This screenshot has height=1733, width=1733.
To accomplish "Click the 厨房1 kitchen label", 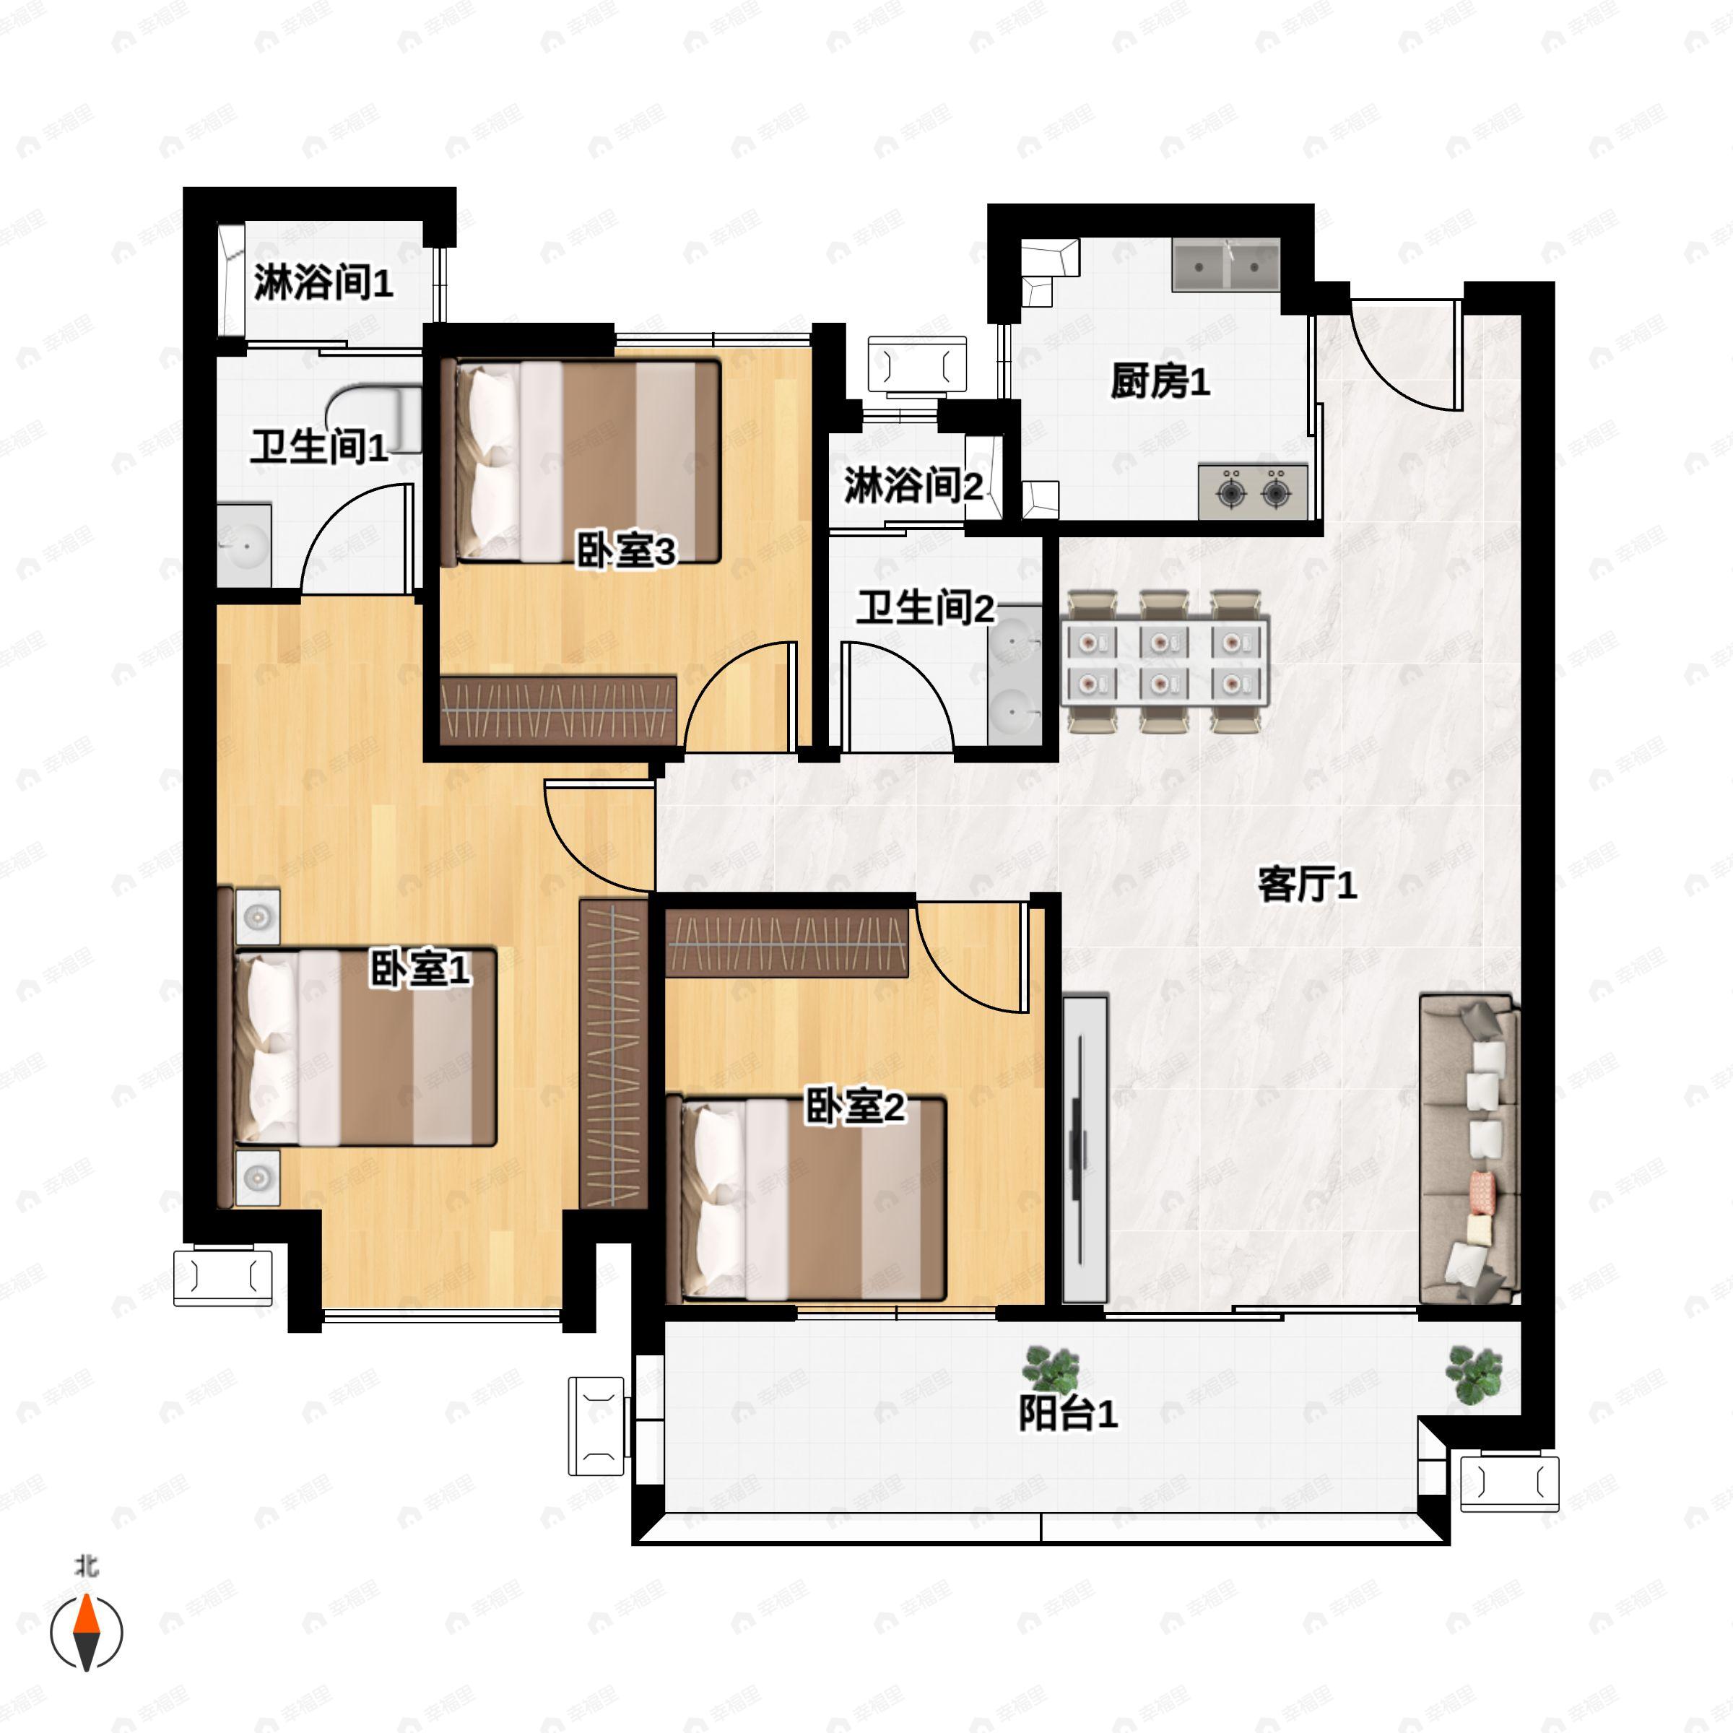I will [x=1159, y=381].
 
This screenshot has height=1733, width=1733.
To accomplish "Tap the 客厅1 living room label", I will [x=1306, y=885].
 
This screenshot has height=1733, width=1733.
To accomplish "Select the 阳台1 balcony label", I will [x=1067, y=1414].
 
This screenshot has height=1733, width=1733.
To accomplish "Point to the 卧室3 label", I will [x=625, y=551].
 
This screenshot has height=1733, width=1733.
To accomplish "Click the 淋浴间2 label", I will [x=912, y=485].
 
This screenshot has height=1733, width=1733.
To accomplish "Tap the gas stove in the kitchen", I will [x=1253, y=492].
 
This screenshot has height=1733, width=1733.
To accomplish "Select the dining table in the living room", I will [x=1164, y=661].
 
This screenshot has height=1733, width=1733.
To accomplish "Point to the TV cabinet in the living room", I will [x=1085, y=1148].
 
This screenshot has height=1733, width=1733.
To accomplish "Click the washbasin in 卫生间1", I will [x=244, y=544].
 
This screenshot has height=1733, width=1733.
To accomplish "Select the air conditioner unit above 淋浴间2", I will [x=917, y=365].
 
